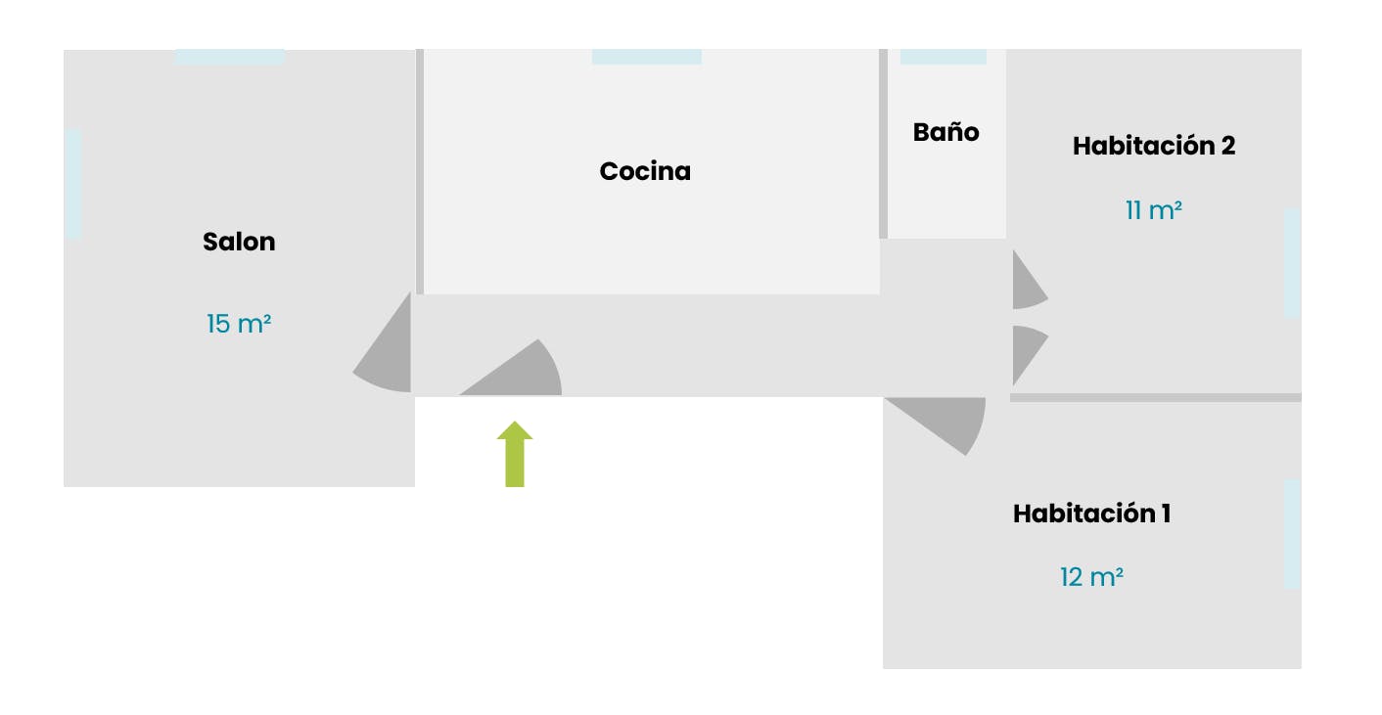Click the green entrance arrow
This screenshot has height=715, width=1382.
click(x=514, y=456)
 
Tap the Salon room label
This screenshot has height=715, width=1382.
click(x=239, y=242)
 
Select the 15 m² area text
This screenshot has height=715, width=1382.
click(x=239, y=324)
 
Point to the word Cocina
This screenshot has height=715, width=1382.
click(x=645, y=171)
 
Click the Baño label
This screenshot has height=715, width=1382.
click(x=945, y=132)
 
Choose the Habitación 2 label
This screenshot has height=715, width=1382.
click(x=1153, y=146)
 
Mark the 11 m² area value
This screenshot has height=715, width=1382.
click(x=1153, y=210)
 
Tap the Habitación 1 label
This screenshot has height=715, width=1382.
click(x=1091, y=514)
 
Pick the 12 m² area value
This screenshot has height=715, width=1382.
click(x=1091, y=577)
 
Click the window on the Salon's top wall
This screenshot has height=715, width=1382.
click(x=229, y=57)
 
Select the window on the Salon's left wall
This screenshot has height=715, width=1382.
click(x=73, y=184)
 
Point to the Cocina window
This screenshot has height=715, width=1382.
click(x=646, y=57)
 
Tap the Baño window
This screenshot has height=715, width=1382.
click(x=943, y=57)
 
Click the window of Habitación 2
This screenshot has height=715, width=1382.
click(x=1292, y=262)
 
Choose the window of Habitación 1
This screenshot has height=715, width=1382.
click(x=1292, y=534)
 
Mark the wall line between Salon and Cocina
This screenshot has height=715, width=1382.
click(x=420, y=171)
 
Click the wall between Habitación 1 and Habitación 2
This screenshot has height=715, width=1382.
click(x=1155, y=397)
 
